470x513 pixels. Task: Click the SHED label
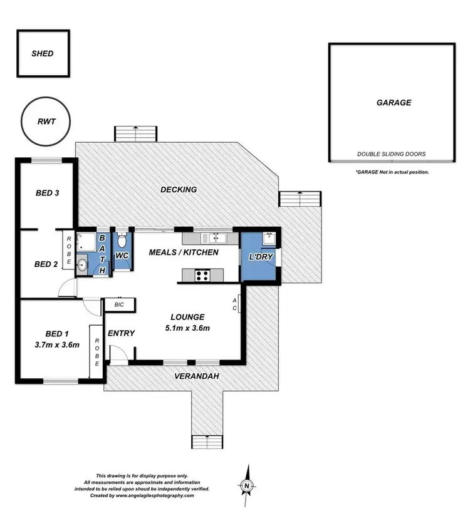tap(43, 53)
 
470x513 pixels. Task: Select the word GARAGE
tap(394, 103)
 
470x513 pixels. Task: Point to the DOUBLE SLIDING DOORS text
tap(391, 153)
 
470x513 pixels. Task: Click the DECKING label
tap(179, 189)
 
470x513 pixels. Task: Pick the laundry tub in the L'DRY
tap(268, 239)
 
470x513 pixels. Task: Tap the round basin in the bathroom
tap(83, 265)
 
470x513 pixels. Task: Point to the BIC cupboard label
tap(118, 304)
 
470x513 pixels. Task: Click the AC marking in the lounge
tap(235, 304)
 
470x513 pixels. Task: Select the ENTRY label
tap(121, 333)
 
